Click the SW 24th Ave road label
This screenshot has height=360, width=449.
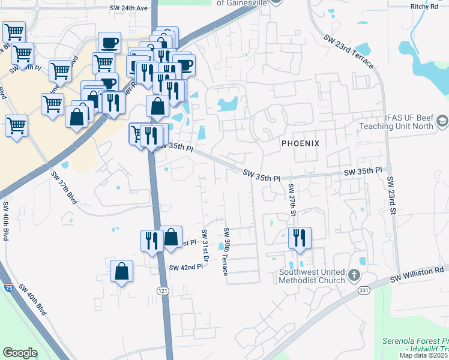tap(128, 8)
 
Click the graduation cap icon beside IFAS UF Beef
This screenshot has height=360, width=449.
tap(442, 121)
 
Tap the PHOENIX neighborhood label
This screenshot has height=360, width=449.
tap(300, 143)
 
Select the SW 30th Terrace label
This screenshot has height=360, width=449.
tap(226, 251)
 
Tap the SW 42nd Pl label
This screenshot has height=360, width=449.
tap(187, 267)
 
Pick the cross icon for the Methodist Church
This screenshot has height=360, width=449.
tap(354, 276)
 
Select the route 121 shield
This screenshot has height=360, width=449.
tap(163, 290)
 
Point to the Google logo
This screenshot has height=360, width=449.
tap(20, 353)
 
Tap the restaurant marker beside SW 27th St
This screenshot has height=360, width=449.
tap(299, 238)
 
